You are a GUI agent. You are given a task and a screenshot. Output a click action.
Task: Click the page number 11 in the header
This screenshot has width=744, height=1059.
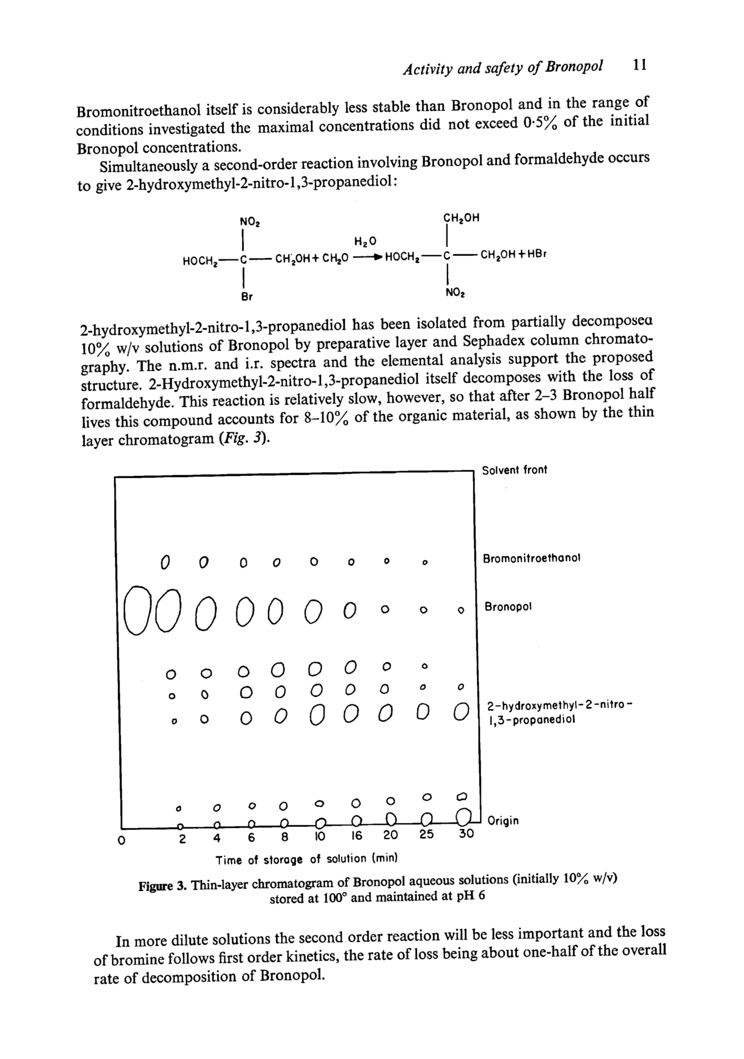click(640, 65)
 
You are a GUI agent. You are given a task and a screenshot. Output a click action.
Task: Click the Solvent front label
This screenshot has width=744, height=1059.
click(514, 470)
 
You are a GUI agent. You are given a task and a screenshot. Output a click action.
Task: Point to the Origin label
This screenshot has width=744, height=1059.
click(503, 821)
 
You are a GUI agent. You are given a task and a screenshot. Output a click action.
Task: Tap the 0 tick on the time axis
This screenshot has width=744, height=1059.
click(121, 840)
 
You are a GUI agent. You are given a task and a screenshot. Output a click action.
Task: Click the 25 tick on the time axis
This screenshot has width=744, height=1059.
click(427, 834)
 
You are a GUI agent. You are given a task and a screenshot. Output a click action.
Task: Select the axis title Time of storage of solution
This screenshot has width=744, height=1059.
click(306, 859)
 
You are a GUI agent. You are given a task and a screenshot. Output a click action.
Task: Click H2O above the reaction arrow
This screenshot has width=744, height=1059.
click(365, 241)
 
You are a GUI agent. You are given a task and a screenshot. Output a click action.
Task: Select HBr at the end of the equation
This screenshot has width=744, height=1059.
click(536, 254)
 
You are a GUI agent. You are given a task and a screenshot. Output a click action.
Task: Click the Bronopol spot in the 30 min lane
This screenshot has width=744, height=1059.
click(460, 610)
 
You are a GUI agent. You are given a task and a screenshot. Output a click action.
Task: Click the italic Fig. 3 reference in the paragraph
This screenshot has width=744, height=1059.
click(243, 438)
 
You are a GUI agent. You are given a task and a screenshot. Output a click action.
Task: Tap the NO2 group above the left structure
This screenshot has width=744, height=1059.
click(249, 222)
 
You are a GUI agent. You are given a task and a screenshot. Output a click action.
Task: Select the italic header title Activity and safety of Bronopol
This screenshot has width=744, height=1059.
click(503, 67)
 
